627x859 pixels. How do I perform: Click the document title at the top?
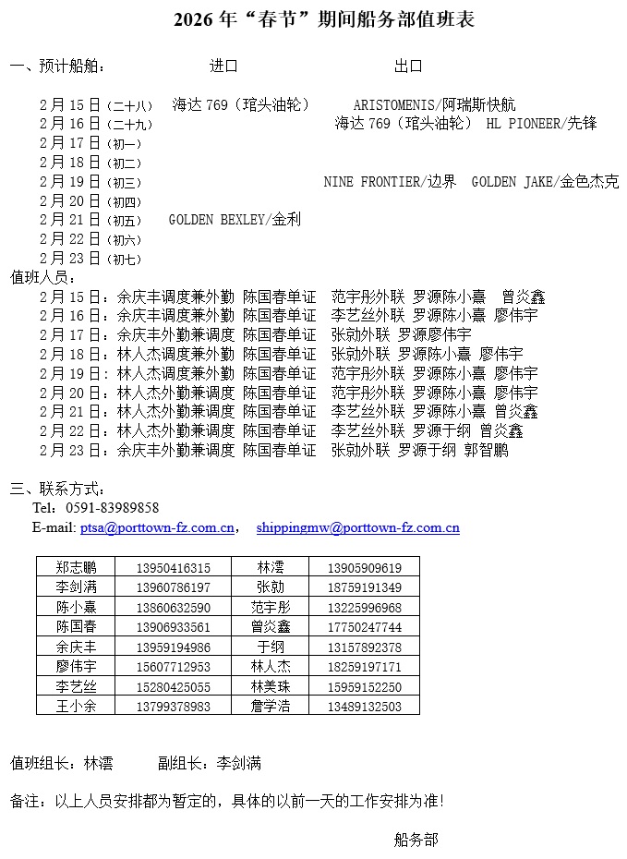point(324,20)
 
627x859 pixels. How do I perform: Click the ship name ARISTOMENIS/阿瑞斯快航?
point(434,105)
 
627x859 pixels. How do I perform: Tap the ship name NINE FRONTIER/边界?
point(390,182)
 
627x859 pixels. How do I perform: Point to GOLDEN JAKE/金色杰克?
point(545,182)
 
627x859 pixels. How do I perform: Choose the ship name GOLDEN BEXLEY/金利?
point(235,220)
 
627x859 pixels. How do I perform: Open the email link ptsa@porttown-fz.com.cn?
point(157,528)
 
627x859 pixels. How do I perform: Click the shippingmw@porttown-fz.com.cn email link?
point(357,528)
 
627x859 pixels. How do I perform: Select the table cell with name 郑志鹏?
point(76,568)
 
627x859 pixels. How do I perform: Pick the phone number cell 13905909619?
point(364,568)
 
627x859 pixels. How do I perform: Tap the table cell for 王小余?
point(76,707)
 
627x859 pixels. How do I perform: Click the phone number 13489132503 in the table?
point(364,707)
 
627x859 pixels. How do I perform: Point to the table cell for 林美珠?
point(270,686)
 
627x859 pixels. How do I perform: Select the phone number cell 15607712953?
point(173,667)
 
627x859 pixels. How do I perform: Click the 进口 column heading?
point(223,67)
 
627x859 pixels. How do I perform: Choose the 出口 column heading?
point(408,67)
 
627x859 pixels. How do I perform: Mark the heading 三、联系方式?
point(57,489)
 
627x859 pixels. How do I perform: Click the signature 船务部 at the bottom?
point(416,840)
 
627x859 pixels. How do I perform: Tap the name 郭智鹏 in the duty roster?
point(486,451)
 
